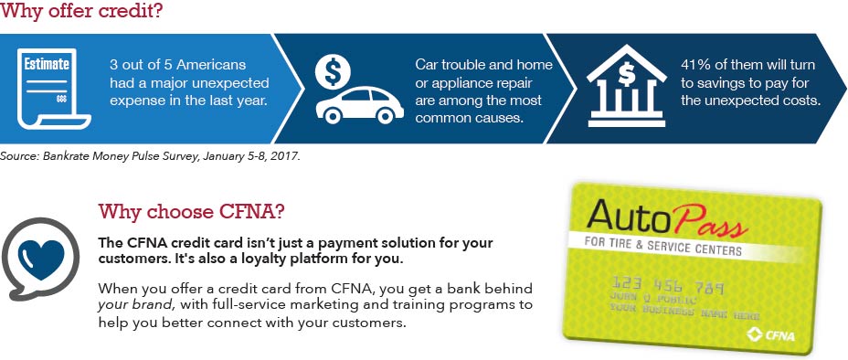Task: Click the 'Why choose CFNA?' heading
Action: coord(191,212)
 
